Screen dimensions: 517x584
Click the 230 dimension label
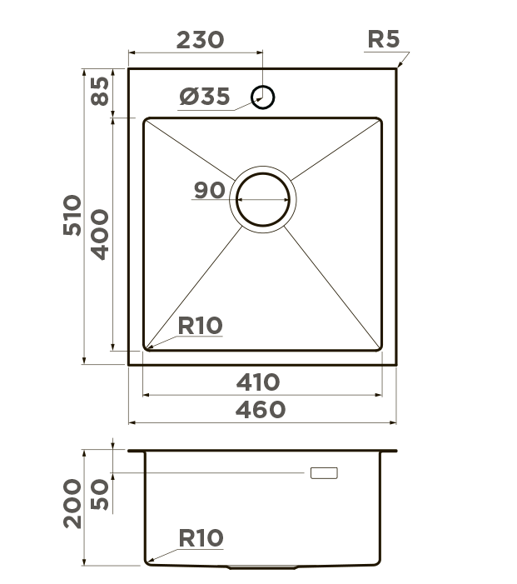tap(200, 40)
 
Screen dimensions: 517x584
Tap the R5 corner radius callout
tap(383, 38)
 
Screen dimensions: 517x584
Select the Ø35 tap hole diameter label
tap(204, 97)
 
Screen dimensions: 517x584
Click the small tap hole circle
tap(263, 97)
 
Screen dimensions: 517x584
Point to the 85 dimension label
tap(100, 92)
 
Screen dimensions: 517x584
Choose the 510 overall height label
tap(72, 215)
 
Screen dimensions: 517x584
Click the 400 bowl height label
tap(100, 234)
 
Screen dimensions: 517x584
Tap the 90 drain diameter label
tap(210, 190)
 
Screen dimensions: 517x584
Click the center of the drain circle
tap(263, 200)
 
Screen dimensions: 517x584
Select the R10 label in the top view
tap(200, 326)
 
